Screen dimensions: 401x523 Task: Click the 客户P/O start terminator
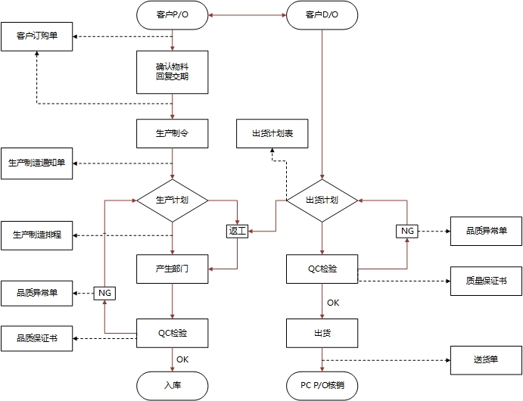click(x=173, y=15)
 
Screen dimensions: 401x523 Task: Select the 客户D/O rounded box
click(x=322, y=15)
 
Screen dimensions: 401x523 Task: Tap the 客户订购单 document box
click(x=37, y=36)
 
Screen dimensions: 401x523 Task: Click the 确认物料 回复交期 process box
click(x=173, y=71)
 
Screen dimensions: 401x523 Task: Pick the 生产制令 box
click(x=173, y=133)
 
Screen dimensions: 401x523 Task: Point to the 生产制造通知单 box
click(x=37, y=163)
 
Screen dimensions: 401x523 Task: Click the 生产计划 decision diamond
click(x=173, y=201)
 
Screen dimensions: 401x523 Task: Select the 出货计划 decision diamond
click(x=322, y=201)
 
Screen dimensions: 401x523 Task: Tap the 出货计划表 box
click(x=273, y=133)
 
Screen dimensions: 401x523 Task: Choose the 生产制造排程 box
click(x=37, y=235)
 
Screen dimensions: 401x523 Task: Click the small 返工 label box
click(x=238, y=231)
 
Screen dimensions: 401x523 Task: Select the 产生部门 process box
click(x=173, y=269)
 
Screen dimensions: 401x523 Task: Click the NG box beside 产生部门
click(x=104, y=292)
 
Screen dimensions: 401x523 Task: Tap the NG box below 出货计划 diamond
click(x=407, y=231)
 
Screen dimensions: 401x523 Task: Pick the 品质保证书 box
click(x=37, y=338)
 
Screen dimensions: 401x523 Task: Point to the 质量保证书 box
click(x=486, y=280)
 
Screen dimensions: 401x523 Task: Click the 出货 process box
click(x=322, y=333)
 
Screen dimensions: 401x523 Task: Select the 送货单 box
click(x=486, y=359)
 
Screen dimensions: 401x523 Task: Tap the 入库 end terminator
click(x=173, y=386)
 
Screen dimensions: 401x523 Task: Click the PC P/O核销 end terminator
click(x=322, y=386)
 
